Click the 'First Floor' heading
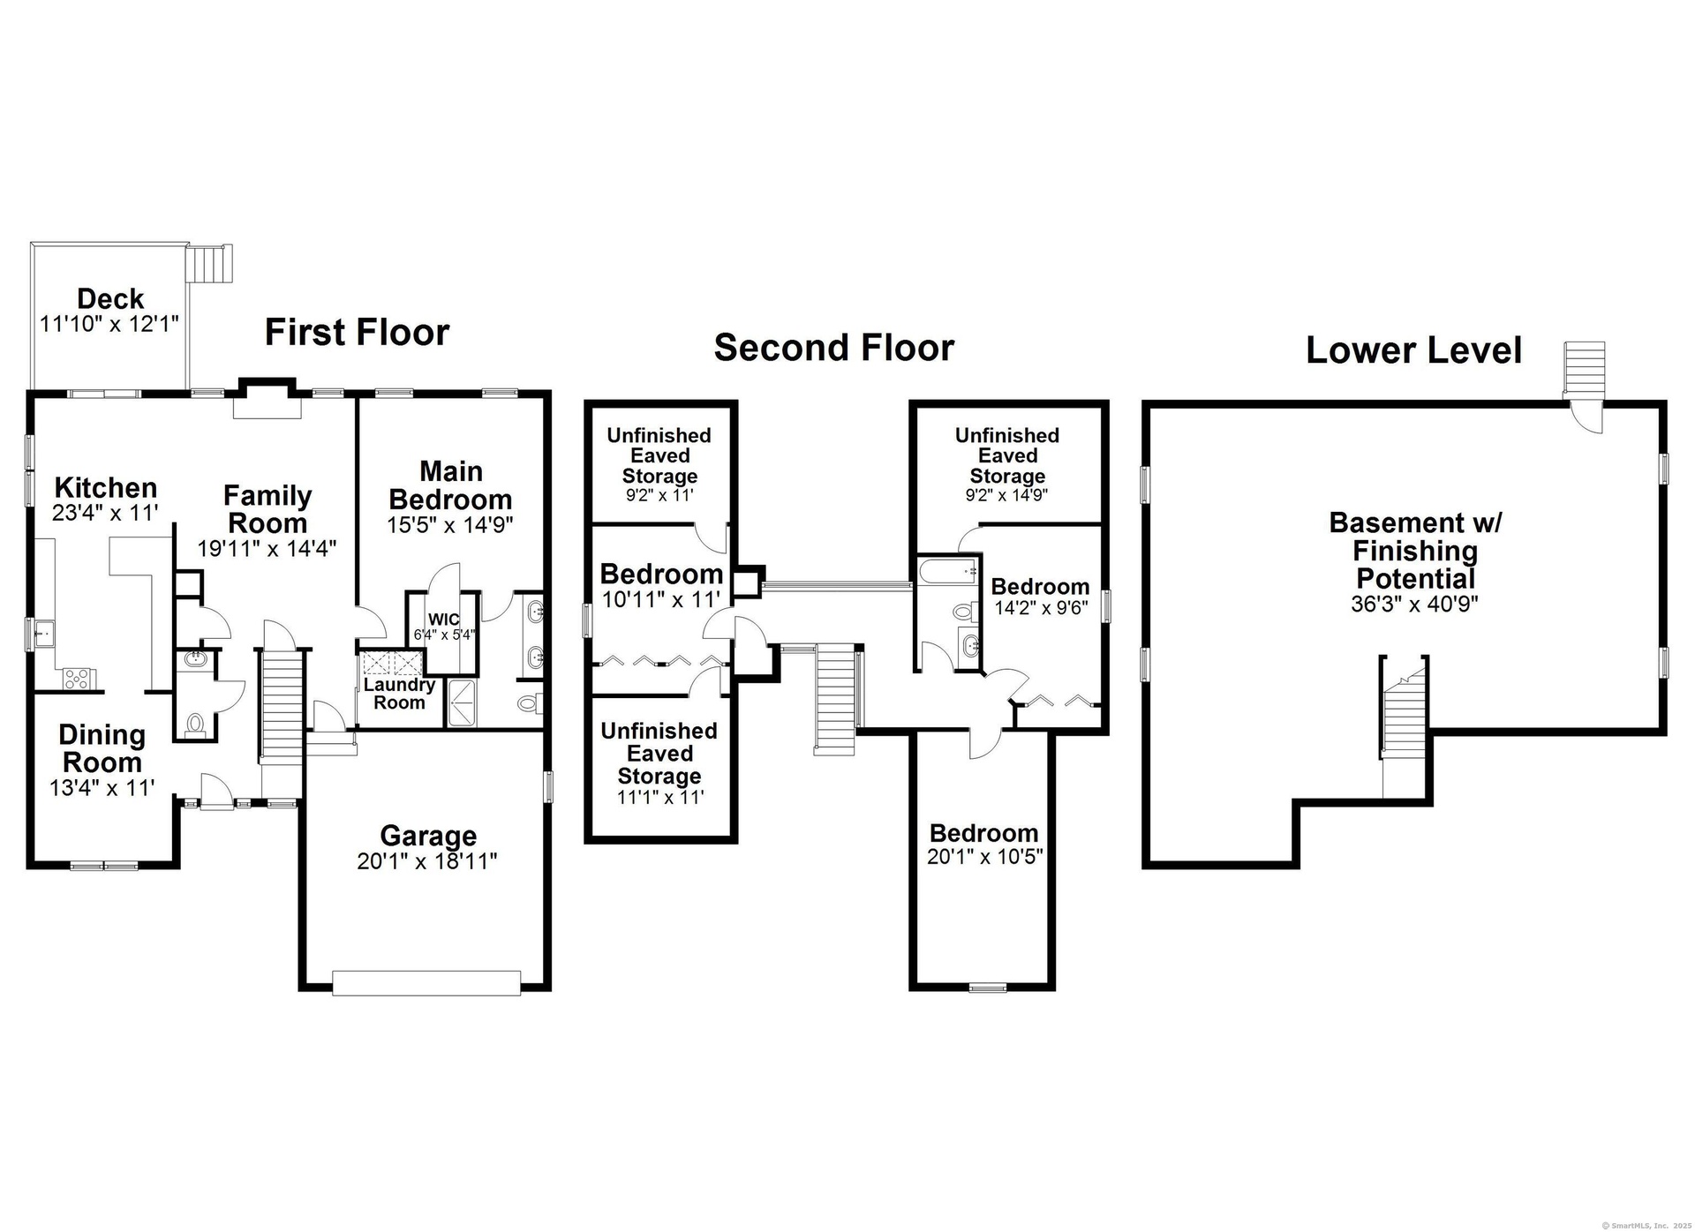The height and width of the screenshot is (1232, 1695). pos(358,333)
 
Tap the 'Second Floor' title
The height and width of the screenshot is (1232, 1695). pos(834,348)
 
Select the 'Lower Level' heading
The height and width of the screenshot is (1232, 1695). pos(1414,350)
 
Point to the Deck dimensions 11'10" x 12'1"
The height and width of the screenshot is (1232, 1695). pos(109,323)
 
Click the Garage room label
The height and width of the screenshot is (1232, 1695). pos(428,835)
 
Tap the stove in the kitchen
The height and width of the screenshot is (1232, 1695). pos(76,679)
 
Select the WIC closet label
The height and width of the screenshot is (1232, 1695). pos(443,620)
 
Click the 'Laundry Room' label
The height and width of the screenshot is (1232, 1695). pos(399,694)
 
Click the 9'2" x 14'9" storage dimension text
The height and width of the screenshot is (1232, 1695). pos(1006,495)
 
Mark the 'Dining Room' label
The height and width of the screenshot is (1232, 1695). pos(102,748)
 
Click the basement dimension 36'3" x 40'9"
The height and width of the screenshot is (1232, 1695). pos(1414,605)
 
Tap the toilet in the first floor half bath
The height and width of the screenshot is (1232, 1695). pos(195,724)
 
